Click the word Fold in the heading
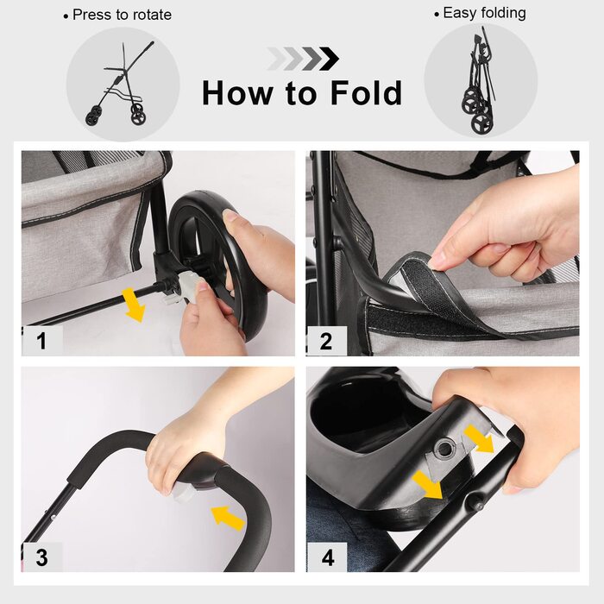tap(367, 93)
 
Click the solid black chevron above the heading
tap(329, 59)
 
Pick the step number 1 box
tap(42, 341)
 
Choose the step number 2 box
tap(327, 341)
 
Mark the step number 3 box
tap(42, 557)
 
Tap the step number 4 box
tap(327, 557)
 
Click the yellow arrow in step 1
tap(133, 305)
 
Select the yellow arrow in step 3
tap(229, 518)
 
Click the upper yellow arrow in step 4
tap(479, 438)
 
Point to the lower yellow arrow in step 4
tap(427, 485)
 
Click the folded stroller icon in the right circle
tap(478, 84)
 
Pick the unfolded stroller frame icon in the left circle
tap(120, 84)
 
